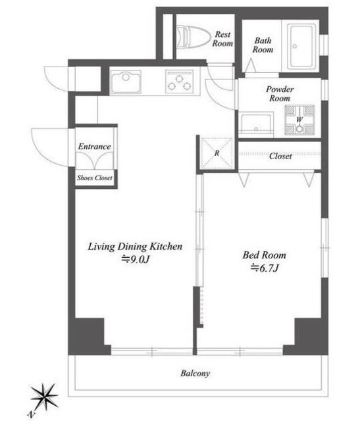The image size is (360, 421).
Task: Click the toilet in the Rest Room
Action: click(193, 37)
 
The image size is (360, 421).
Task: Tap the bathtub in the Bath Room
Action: click(301, 47)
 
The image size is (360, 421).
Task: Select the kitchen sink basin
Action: click(126, 82)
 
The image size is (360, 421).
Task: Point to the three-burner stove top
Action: click(179, 82)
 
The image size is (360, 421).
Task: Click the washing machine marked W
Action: click(299, 120)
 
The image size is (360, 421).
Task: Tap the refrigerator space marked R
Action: click(217, 153)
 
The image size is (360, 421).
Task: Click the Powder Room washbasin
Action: click(256, 124)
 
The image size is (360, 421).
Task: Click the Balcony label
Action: click(195, 373)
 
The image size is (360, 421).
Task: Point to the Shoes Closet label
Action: click(95, 178)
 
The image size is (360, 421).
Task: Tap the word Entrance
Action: click(95, 147)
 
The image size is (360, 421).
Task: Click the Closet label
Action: click(280, 157)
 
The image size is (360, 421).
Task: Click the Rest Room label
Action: click(222, 39)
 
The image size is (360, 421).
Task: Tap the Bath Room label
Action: click(263, 45)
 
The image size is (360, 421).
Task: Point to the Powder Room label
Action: click(280, 93)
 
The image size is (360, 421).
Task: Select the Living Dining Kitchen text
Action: click(135, 247)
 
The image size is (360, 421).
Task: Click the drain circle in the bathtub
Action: click(294, 47)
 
